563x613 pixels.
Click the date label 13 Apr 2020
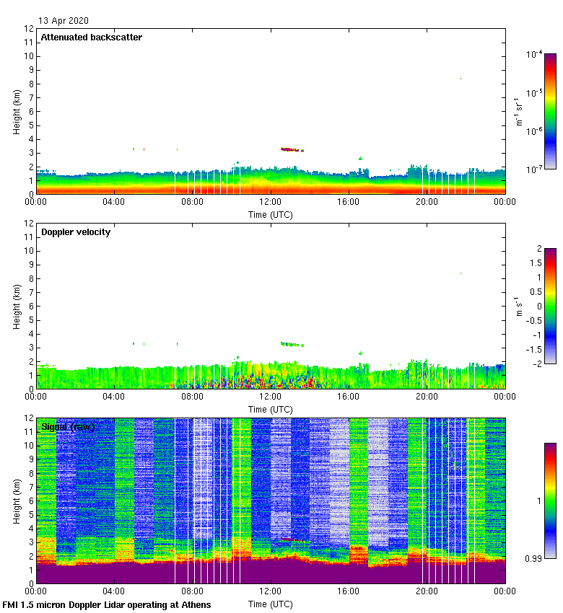[64, 21]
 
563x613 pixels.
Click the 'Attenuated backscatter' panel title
[91, 38]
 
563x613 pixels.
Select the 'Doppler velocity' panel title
[76, 232]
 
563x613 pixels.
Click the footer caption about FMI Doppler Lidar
[108, 604]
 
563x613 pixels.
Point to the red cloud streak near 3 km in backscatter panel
[289, 149]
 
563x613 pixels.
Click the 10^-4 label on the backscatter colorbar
[535, 54]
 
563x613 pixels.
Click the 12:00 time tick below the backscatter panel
[271, 203]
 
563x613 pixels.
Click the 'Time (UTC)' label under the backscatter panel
[271, 214]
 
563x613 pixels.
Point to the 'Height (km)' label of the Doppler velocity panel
[17, 306]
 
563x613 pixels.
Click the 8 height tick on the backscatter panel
[30, 84]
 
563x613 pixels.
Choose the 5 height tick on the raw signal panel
[30, 514]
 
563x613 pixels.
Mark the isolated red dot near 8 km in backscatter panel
[461, 79]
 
